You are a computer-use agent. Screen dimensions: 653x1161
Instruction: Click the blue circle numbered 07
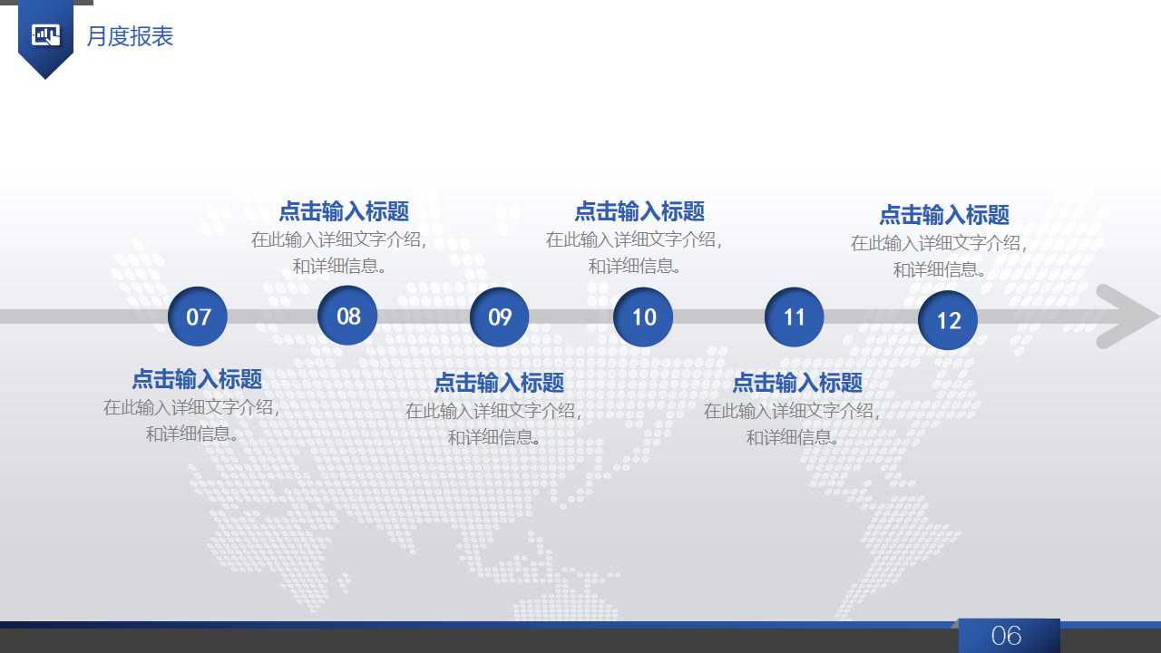pos(198,317)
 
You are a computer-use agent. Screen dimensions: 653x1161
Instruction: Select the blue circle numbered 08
pos(348,315)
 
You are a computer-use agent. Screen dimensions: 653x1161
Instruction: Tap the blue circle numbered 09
pos(500,317)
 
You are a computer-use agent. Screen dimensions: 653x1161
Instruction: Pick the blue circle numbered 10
pos(643,317)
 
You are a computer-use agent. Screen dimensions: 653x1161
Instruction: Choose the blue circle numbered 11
pos(795,317)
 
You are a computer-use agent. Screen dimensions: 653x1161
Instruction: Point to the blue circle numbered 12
pos(948,320)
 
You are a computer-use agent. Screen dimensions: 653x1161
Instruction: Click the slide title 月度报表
pos(130,36)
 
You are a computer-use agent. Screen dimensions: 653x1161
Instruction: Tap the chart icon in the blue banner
pos(45,35)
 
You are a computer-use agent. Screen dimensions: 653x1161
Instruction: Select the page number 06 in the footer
pos(1007,636)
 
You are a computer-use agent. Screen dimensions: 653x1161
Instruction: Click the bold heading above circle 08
pos(344,211)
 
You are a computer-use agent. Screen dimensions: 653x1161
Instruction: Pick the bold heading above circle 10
pos(639,211)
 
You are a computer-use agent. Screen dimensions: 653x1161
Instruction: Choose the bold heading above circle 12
pos(944,215)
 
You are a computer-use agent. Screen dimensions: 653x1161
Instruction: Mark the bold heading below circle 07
pos(197,378)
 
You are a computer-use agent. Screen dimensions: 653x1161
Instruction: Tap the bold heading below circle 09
pos(499,382)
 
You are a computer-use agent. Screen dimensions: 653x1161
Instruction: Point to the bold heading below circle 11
pos(797,382)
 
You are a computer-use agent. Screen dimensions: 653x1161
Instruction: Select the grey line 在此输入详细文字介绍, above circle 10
pos(634,239)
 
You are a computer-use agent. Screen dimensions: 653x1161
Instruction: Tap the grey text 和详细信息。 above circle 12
pos(940,269)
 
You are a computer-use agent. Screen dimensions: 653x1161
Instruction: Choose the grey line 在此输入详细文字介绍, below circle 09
pos(493,410)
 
